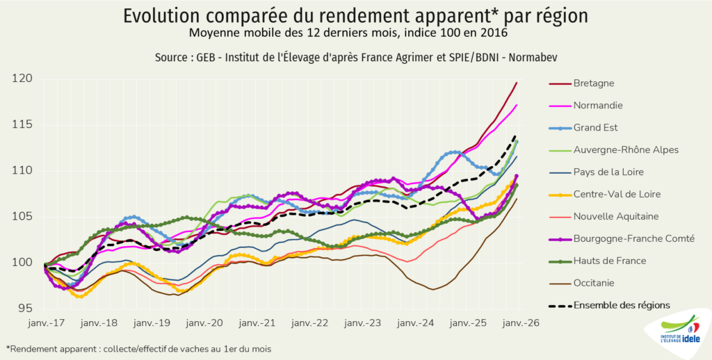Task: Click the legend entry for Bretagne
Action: pyautogui.click(x=593, y=83)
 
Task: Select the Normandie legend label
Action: pyautogui.click(x=597, y=106)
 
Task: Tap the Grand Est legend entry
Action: pyautogui.click(x=595, y=128)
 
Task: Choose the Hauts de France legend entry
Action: pyautogui.click(x=609, y=261)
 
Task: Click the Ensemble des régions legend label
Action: pyautogui.click(x=622, y=305)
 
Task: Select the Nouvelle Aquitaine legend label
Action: pyautogui.click(x=616, y=216)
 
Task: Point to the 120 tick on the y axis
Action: pyautogui.click(x=23, y=79)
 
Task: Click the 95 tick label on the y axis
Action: pyautogui.click(x=26, y=308)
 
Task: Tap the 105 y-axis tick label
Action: pyautogui.click(x=23, y=216)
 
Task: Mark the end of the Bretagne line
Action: pyautogui.click(x=517, y=83)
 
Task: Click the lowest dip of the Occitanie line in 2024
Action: pyautogui.click(x=432, y=290)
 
